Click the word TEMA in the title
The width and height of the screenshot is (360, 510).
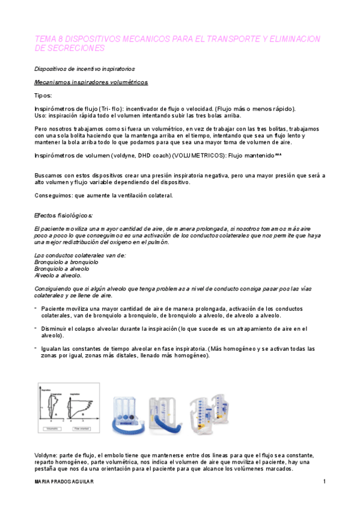(x=44, y=38)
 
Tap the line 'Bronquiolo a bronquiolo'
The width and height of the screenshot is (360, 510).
(x=67, y=262)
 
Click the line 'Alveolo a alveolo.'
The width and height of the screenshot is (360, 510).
(x=58, y=275)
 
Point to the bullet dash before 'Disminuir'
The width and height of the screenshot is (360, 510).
(x=35, y=328)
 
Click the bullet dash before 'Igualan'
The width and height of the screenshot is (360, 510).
(x=35, y=348)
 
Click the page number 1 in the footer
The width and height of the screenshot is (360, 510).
(x=324, y=482)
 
